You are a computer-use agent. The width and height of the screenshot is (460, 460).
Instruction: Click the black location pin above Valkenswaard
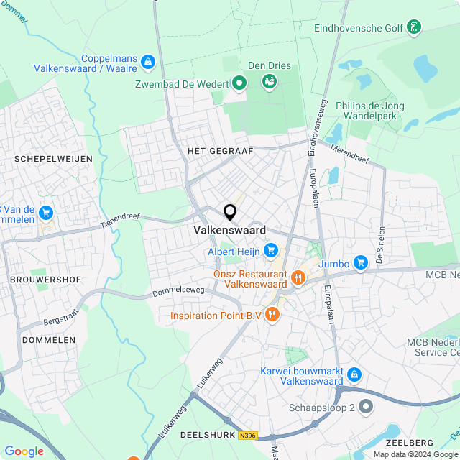(230, 213)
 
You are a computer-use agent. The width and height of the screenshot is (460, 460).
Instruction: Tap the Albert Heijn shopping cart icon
(271, 251)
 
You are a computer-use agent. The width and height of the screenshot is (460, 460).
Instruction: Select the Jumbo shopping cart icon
(361, 264)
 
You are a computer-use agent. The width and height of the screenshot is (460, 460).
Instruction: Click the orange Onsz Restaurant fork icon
(297, 277)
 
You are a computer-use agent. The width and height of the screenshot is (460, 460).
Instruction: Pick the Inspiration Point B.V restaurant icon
(272, 314)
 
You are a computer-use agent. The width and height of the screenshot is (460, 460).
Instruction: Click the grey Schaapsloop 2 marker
(367, 407)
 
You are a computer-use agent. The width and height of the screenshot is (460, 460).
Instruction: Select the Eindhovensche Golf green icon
(413, 28)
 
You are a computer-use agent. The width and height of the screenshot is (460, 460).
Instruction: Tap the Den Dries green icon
(270, 80)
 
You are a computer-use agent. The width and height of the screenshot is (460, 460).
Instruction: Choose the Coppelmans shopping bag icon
(147, 63)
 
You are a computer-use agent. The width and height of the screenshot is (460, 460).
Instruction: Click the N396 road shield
(248, 435)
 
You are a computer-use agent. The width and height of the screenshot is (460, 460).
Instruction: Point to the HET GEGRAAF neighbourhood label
(211, 151)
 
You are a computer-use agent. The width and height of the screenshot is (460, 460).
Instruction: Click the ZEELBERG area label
(410, 442)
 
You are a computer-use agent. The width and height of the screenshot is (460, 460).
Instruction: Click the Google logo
(24, 451)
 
